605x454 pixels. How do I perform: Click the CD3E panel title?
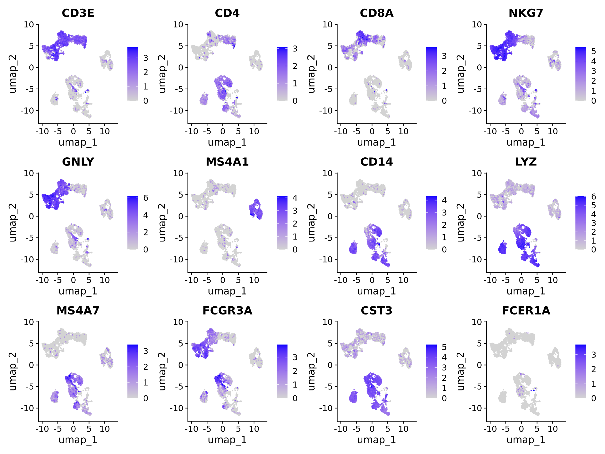point(78,13)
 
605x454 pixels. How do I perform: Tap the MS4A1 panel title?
point(227,162)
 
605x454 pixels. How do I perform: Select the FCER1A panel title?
point(526,311)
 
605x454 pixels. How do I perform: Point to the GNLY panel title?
point(78,162)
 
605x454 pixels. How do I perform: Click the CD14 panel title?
point(376,162)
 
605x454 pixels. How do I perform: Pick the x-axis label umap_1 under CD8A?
point(376,142)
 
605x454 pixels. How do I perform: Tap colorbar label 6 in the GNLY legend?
point(145,198)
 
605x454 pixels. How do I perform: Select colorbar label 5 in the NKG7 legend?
point(593,51)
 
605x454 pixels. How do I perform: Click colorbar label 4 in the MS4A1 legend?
point(295,198)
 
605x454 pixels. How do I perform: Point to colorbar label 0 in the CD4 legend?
point(295,101)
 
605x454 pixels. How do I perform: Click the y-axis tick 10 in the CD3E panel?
point(29,25)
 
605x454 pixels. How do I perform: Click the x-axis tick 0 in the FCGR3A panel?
point(223,429)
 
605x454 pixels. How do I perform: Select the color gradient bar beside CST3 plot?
point(431,371)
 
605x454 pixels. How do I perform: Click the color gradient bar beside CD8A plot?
point(431,74)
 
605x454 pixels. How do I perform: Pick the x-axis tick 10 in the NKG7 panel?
point(552,132)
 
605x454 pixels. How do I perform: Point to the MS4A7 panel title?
point(78,311)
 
